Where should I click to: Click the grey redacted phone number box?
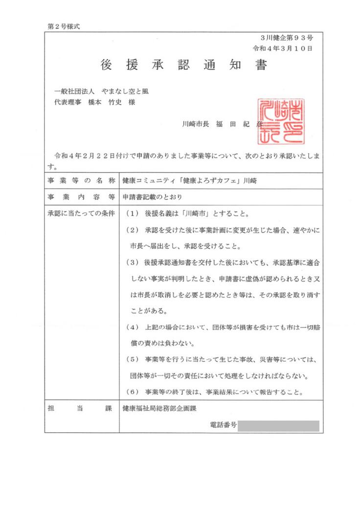(278, 426)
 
